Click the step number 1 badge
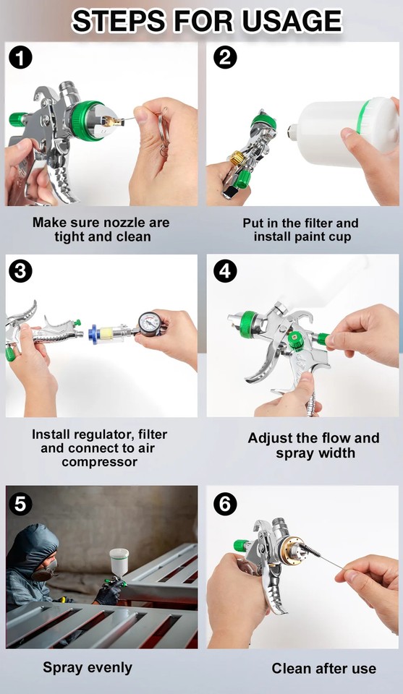pyautogui.click(x=20, y=58)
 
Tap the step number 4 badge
pyautogui.click(x=225, y=270)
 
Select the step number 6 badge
pyautogui.click(x=225, y=504)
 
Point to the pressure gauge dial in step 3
pyautogui.click(x=150, y=324)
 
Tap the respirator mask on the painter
pyautogui.click(x=44, y=570)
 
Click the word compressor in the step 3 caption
pyautogui.click(x=100, y=462)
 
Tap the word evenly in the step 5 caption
pyautogui.click(x=111, y=668)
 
